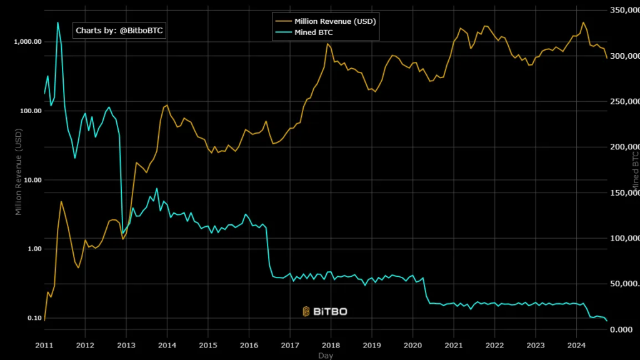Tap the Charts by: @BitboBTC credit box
pos(120,30)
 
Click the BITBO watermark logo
pos(324,311)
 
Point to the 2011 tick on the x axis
pos(44,345)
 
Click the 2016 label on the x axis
pos(249,345)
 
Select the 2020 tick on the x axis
pos(412,345)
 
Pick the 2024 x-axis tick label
pos(576,345)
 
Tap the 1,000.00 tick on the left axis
pos(27,42)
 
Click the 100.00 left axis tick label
pos(29,111)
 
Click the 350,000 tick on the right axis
pos(624,11)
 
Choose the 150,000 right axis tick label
pos(624,193)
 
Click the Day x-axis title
pos(325,355)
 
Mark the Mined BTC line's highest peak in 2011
pos(58,22)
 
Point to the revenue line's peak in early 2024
pos(583,22)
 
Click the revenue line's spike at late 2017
pos(327,44)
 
